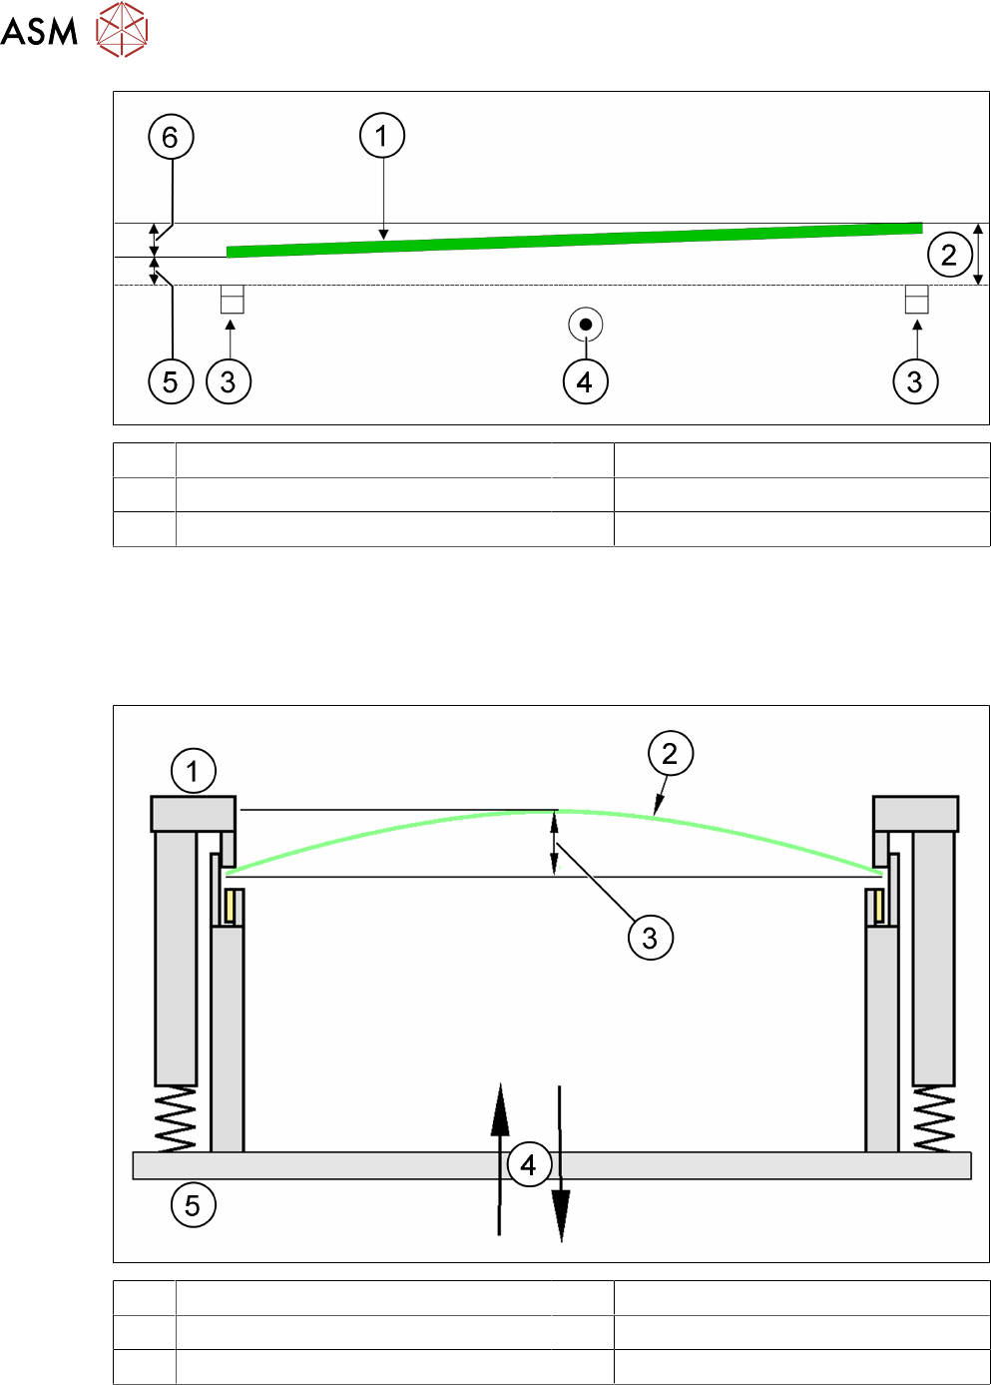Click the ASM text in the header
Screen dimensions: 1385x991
40,31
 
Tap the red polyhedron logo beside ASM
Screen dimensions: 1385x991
122,29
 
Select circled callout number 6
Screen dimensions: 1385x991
171,137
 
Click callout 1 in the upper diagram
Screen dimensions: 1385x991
382,135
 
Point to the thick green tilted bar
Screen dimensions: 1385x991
574,240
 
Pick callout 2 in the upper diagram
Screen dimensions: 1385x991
949,255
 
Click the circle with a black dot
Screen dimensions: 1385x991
586,325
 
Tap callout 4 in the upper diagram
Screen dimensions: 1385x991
586,381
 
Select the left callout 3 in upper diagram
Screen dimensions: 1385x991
229,381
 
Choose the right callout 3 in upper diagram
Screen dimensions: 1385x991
915,381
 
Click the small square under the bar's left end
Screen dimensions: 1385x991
232,300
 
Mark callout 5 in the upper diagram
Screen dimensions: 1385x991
171,381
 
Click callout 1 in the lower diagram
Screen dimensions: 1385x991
193,771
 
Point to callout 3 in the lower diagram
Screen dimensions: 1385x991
651,938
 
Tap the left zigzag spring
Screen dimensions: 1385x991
176,1118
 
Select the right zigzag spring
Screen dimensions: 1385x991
934,1118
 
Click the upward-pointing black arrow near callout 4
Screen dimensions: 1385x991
500,1148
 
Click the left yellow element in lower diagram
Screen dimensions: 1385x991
231,906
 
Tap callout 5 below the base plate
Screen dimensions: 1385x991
193,1205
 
